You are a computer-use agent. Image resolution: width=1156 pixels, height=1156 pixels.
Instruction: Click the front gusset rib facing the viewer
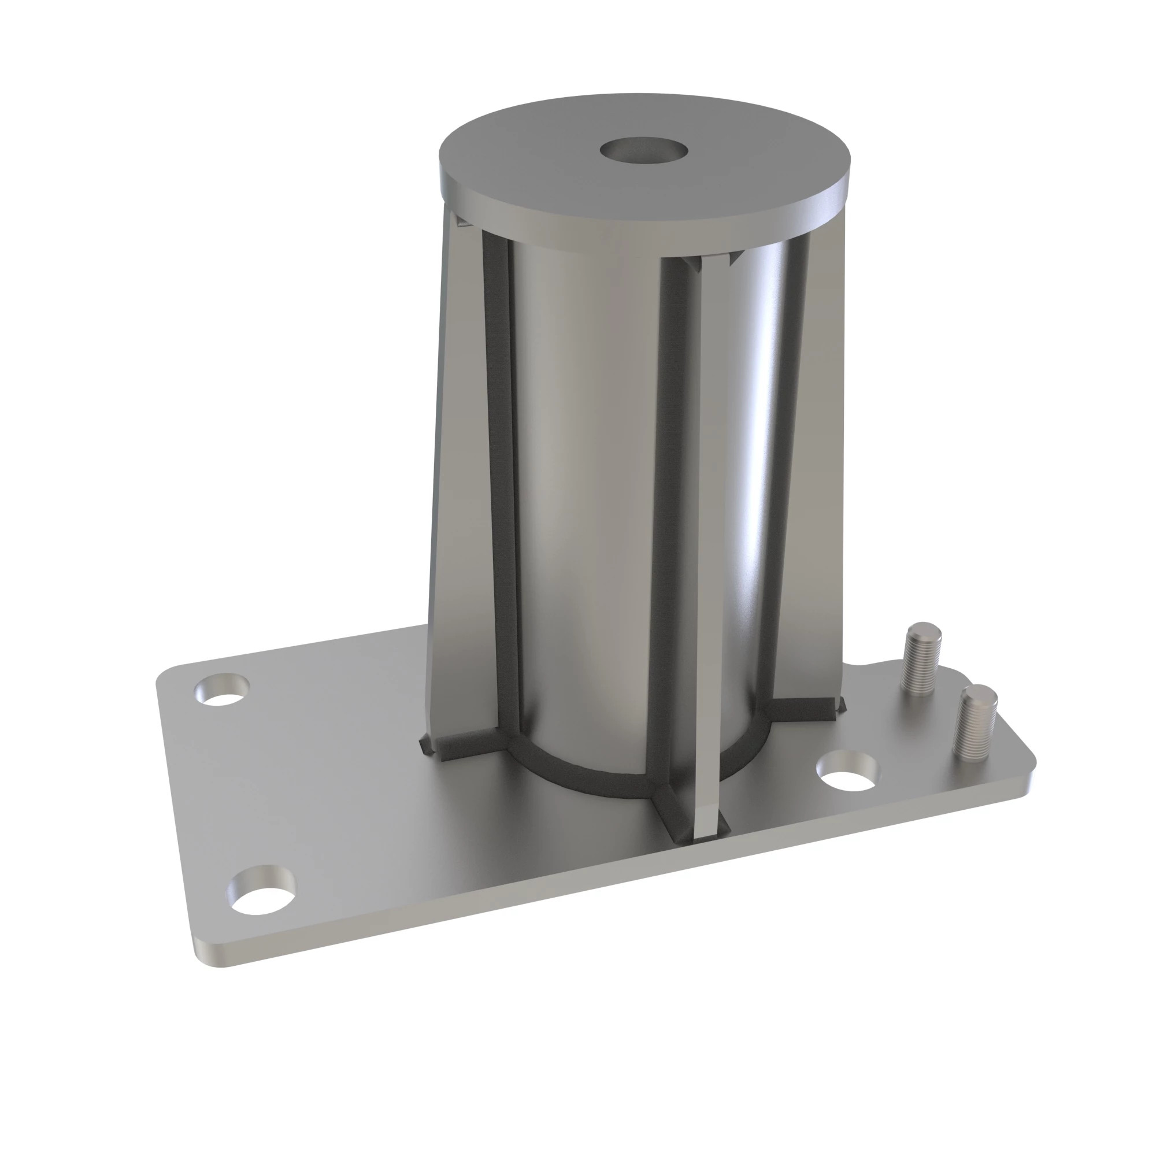(709, 539)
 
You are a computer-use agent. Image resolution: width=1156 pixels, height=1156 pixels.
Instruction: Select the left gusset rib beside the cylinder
(461, 479)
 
